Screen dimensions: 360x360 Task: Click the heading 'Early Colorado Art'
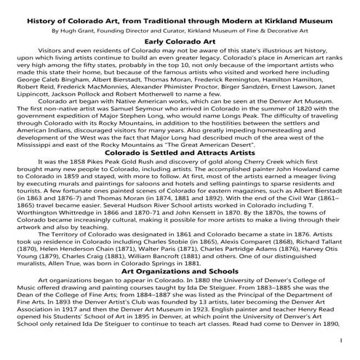(180, 43)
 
